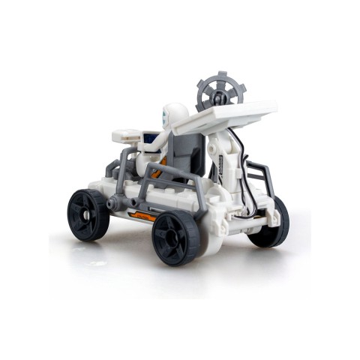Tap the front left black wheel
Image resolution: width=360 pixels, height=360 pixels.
(88, 214)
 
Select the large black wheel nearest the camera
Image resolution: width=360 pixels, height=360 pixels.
(176, 236)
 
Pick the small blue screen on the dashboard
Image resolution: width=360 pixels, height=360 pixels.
(150, 139)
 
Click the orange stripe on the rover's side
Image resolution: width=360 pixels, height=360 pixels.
(142, 216)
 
